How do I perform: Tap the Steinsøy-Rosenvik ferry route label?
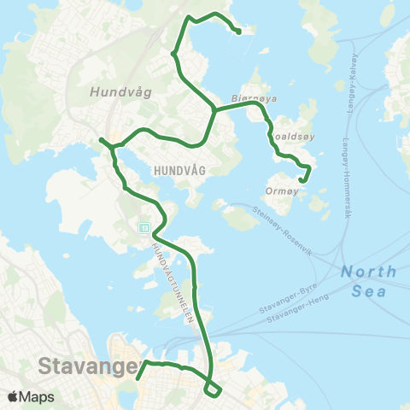point(284,225)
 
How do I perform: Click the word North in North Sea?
point(369,272)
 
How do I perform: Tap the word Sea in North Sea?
point(369,290)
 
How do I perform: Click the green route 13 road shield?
point(144,228)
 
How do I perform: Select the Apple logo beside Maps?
point(14,397)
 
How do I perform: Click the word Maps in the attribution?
point(38,397)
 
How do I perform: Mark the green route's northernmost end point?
point(238,32)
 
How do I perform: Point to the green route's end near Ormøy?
point(302,180)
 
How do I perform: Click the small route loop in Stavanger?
point(213,389)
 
